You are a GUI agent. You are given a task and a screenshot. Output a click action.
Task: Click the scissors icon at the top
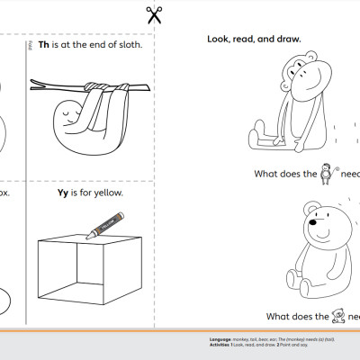coord(154,14)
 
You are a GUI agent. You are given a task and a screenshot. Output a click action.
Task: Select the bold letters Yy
coord(63,192)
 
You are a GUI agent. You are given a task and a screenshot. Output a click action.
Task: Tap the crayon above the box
coord(104,224)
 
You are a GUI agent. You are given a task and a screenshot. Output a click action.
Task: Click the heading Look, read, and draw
coord(254,39)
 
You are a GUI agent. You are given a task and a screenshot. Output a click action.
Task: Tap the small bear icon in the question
coord(338,315)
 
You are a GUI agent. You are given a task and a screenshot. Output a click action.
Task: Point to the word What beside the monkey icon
coord(270,175)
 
